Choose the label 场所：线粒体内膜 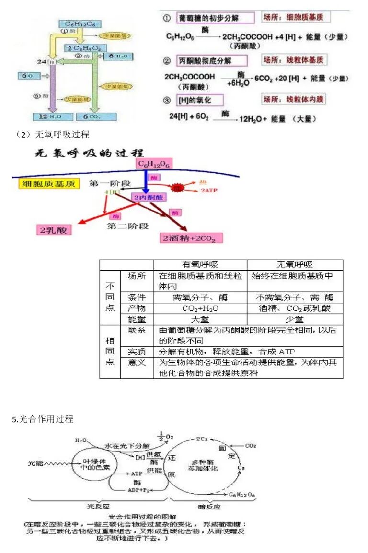[293, 100]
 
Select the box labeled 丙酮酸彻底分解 [212, 61]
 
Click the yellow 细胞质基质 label [42, 184]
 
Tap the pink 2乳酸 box [54, 229]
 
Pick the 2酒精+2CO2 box [192, 238]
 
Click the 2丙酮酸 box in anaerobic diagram [149, 197]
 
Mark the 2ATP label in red [208, 191]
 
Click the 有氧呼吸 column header [200, 265]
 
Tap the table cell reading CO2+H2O [200, 308]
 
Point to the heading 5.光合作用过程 [43, 419]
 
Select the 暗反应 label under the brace [209, 507]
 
